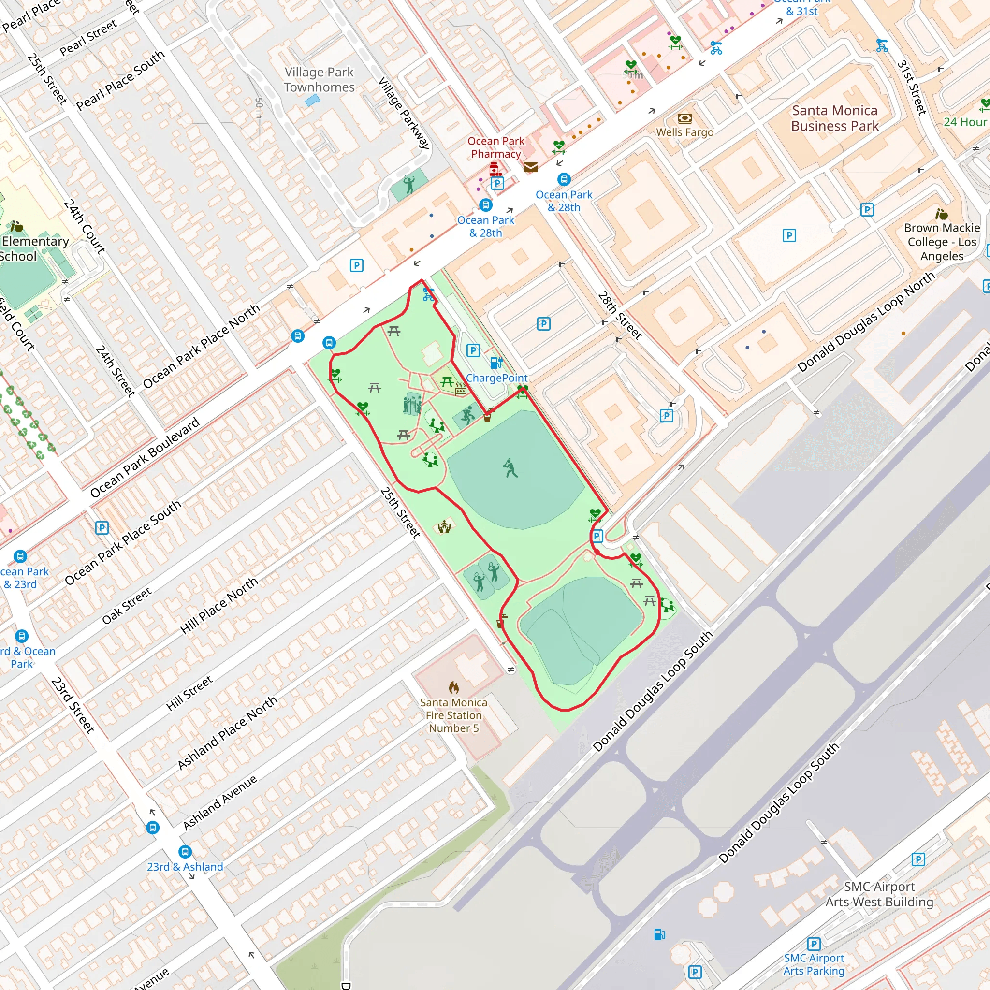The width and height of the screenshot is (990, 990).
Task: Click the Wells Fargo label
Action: [684, 132]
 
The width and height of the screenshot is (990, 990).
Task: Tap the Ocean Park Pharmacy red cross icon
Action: [495, 169]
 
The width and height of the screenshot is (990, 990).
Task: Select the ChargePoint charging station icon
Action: [496, 363]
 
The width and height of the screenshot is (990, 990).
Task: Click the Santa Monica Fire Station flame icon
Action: [453, 687]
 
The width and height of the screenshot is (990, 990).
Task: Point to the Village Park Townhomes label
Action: [319, 80]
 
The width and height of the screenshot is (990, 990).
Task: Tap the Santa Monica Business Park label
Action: [834, 118]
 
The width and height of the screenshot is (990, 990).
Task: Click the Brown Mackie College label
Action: [941, 242]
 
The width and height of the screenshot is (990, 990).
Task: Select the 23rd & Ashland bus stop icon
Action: [185, 852]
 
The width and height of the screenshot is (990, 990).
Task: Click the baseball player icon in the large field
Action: [510, 468]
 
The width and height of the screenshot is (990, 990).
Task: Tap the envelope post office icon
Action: [530, 167]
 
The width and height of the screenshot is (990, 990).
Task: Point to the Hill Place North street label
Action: [219, 606]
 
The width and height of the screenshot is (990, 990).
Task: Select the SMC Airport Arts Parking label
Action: [814, 964]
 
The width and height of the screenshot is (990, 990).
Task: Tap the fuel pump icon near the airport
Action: [659, 934]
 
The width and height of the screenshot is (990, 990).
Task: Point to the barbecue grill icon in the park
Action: [460, 390]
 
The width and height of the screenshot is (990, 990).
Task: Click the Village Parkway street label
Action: [404, 113]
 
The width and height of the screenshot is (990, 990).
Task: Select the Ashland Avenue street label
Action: [220, 803]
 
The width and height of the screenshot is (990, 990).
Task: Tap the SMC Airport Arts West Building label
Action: [879, 894]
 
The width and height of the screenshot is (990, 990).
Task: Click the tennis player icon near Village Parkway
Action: [409, 183]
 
